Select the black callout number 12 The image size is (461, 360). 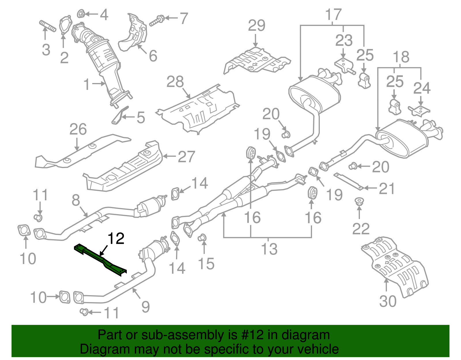[x=116, y=238]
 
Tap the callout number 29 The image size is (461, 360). [x=256, y=25]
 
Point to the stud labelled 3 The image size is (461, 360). [x=48, y=26]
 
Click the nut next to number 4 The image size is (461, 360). [x=81, y=14]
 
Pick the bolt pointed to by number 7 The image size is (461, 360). [x=157, y=21]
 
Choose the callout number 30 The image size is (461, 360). [x=388, y=301]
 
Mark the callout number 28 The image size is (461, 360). [x=175, y=82]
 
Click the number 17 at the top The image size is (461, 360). [x=334, y=14]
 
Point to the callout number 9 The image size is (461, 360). [x=146, y=307]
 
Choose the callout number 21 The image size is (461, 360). [x=387, y=189]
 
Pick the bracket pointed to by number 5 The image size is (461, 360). [x=120, y=115]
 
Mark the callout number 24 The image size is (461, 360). [x=422, y=88]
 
